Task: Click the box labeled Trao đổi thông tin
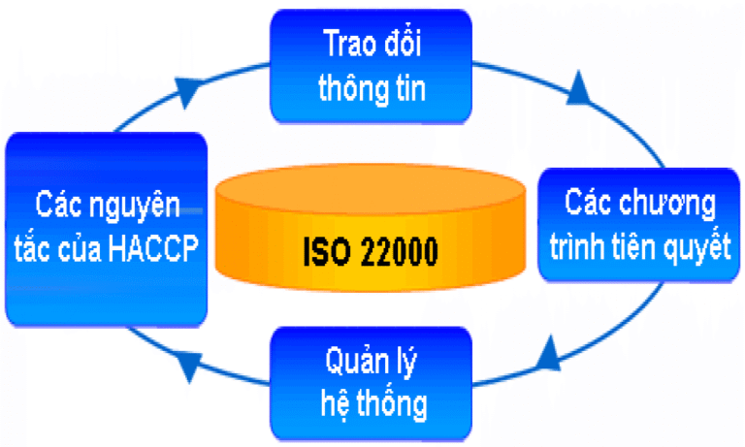pos(372,67)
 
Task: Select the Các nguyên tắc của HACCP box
pos(107,230)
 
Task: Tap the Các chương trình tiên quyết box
pos(639,225)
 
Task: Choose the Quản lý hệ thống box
pos(372,384)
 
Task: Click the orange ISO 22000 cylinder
pos(371,228)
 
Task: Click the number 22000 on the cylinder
pos(399,251)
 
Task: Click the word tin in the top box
pos(410,88)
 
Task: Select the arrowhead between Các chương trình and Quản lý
pos(549,354)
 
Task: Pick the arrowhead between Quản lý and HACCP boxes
pos(189,365)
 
